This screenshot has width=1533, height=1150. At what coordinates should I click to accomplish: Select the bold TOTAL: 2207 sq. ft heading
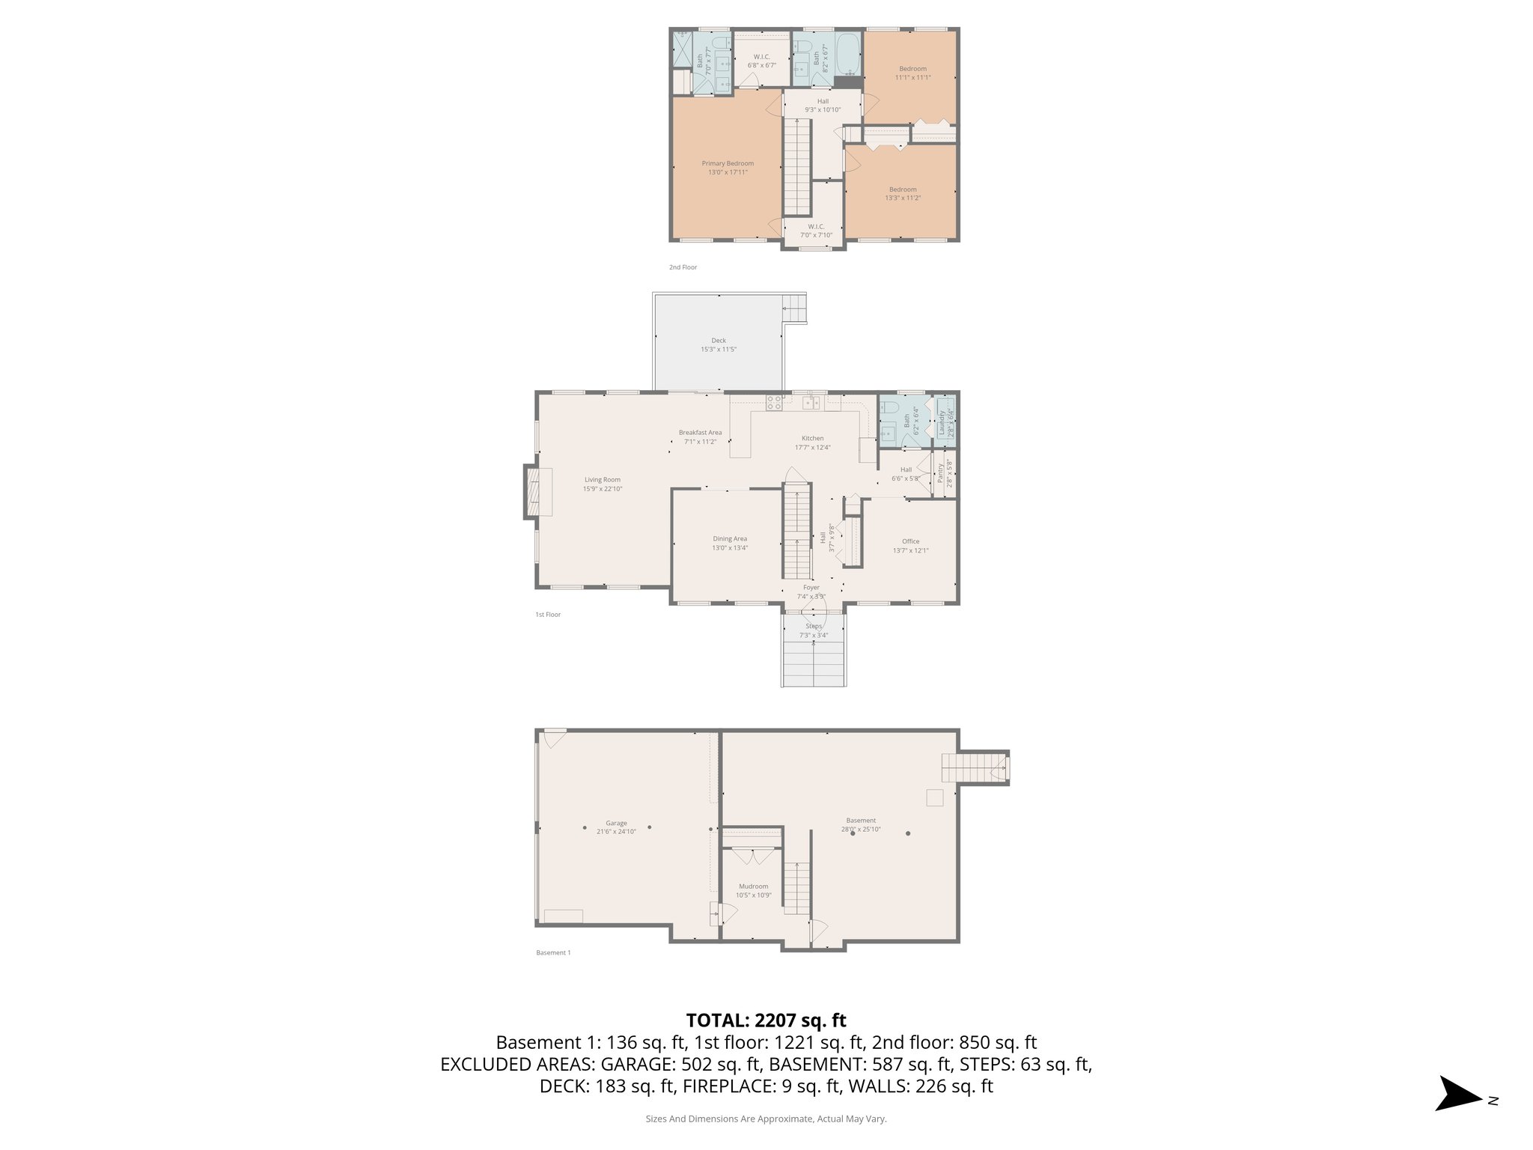[766, 1020]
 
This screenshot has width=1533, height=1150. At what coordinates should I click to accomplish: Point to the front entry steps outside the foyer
[814, 659]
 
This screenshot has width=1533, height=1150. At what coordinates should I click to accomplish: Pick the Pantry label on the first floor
[940, 473]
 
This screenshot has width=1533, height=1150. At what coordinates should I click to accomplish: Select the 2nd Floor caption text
[683, 267]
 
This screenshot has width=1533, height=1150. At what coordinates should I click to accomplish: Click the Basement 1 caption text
[553, 953]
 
